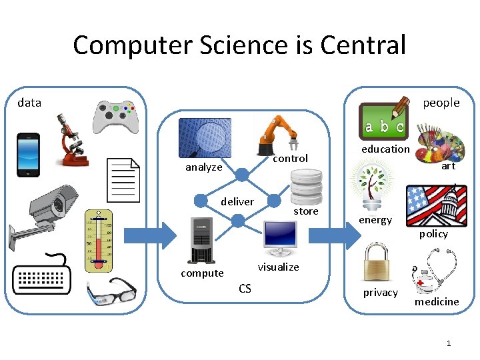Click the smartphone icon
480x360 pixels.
pyautogui.click(x=28, y=155)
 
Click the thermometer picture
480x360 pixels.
pyautogui.click(x=99, y=241)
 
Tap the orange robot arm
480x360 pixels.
pyautogui.click(x=276, y=135)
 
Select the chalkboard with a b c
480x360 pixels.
pyautogui.click(x=383, y=121)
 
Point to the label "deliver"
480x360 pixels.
pyautogui.click(x=237, y=201)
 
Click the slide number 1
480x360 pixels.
pyautogui.click(x=449, y=343)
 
